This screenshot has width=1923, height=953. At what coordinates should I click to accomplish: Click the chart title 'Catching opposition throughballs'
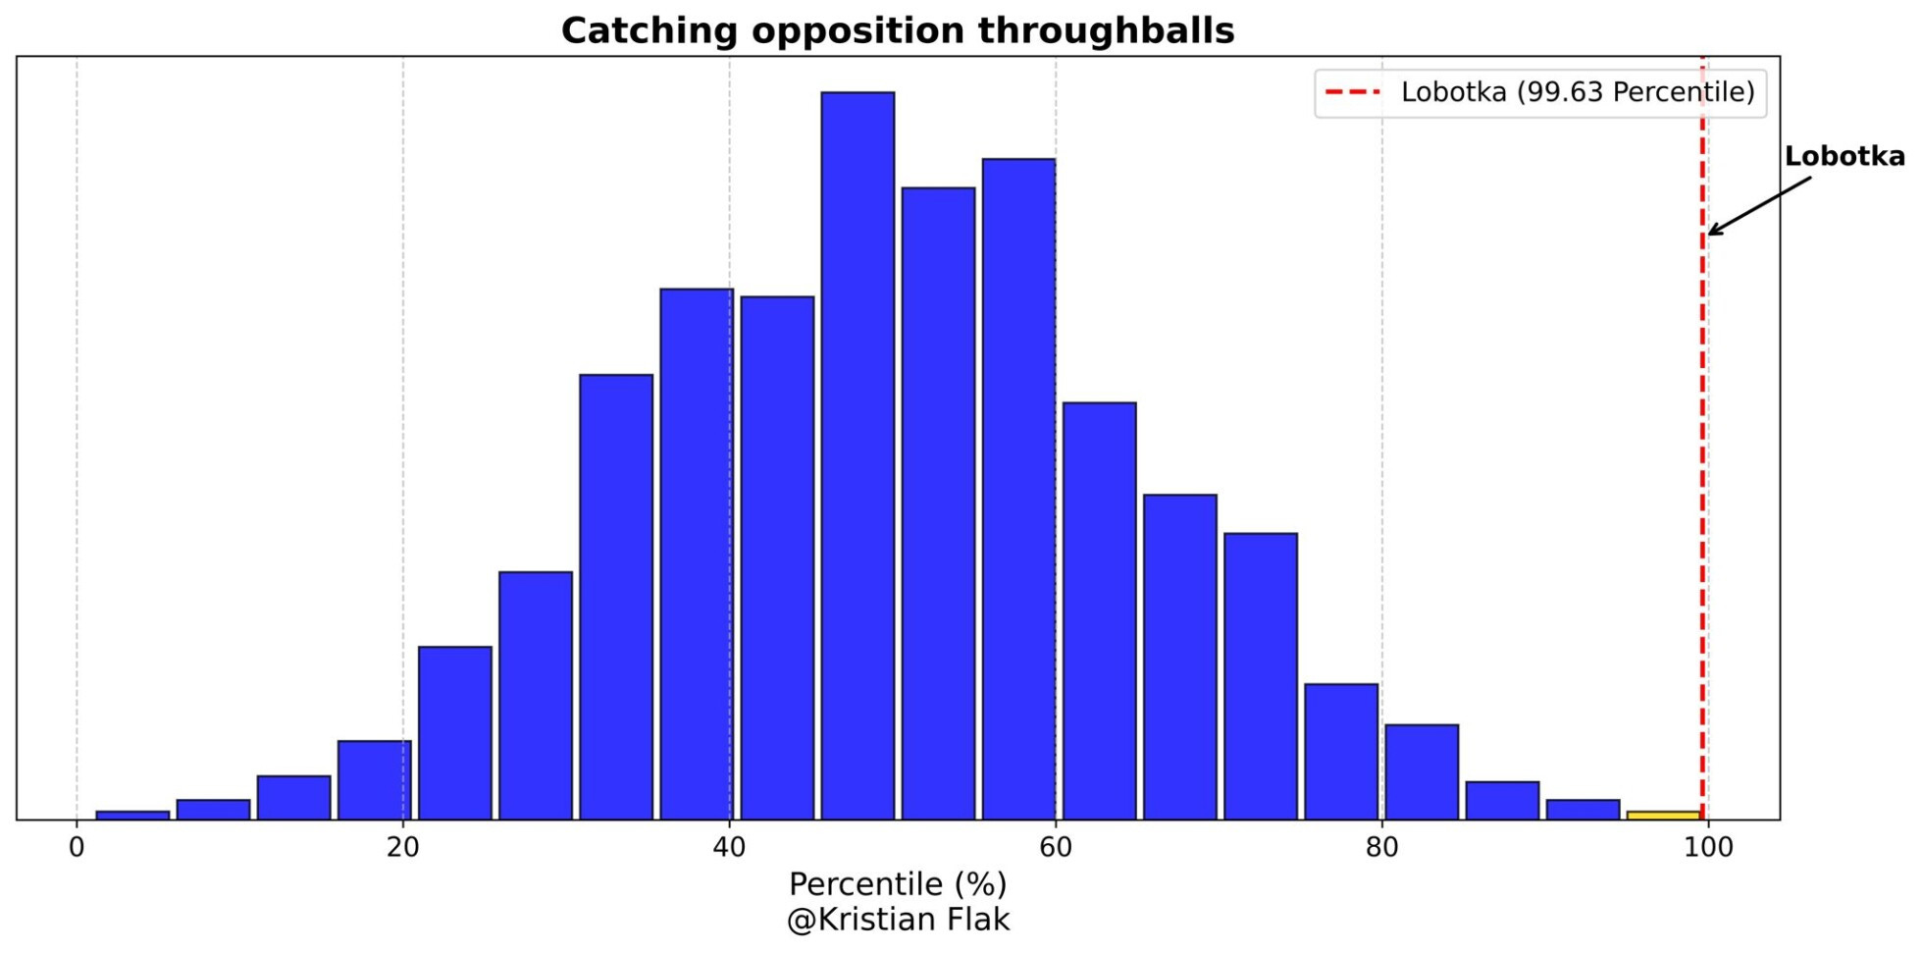click(897, 30)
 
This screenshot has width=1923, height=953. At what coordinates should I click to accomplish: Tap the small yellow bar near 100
click(1663, 815)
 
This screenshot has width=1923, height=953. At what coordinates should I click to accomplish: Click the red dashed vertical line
click(1702, 491)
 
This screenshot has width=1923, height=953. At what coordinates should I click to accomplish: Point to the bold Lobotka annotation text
click(1844, 156)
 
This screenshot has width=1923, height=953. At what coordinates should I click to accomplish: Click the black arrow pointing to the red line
click(1758, 206)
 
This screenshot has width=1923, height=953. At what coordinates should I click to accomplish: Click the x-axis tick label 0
click(77, 847)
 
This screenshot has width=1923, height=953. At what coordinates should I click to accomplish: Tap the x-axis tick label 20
click(403, 847)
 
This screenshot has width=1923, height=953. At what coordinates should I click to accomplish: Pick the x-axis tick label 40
click(729, 847)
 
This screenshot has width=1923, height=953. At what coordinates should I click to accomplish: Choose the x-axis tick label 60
click(1056, 847)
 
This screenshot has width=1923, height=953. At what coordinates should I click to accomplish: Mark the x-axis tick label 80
click(1381, 847)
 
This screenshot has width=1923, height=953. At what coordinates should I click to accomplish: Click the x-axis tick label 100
click(1708, 847)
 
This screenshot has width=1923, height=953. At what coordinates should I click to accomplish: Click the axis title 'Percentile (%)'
click(897, 884)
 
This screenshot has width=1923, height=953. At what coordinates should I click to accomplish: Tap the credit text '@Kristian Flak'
click(897, 920)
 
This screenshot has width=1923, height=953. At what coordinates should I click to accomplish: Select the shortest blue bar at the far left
click(132, 815)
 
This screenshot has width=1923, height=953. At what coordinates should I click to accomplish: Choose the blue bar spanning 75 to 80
click(1341, 751)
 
